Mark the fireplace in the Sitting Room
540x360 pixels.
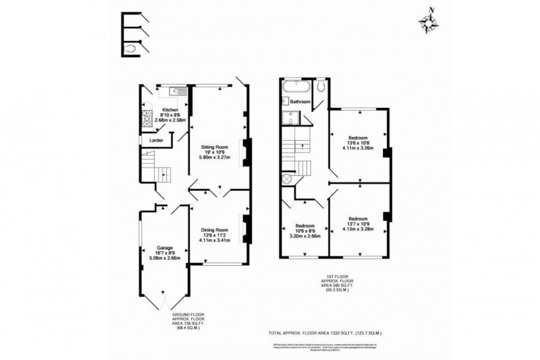tap(246, 151)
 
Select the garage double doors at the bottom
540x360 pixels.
tap(164, 300)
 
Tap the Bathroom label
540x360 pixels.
tap(300, 102)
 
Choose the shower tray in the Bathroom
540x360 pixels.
tap(289, 117)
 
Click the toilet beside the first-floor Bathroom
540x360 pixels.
tap(321, 86)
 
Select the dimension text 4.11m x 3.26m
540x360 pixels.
tap(358, 148)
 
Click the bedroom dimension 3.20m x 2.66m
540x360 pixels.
tap(304, 236)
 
